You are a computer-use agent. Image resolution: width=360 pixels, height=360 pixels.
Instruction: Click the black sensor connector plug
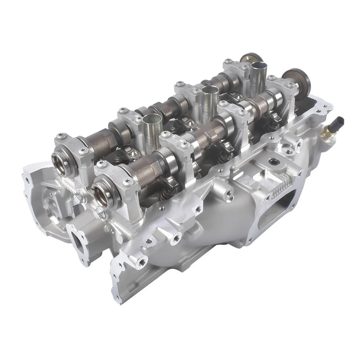(x=340, y=121)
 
